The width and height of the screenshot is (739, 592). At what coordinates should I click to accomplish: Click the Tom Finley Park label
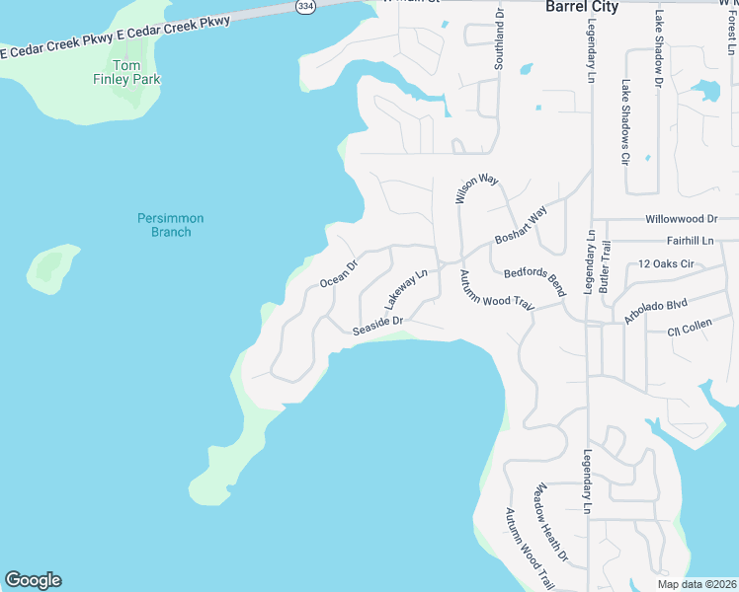(124, 72)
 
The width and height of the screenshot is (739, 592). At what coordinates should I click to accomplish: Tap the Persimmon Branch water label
(164, 225)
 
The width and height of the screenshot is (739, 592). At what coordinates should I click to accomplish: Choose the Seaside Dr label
(377, 326)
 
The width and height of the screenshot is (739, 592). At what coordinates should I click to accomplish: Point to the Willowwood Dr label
(681, 218)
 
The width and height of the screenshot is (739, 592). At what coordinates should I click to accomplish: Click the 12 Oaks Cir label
(668, 264)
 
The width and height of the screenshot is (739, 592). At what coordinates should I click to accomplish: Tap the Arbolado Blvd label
(655, 306)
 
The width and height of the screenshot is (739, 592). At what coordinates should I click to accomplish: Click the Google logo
(33, 580)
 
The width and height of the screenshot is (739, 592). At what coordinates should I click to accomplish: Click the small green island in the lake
(54, 267)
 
